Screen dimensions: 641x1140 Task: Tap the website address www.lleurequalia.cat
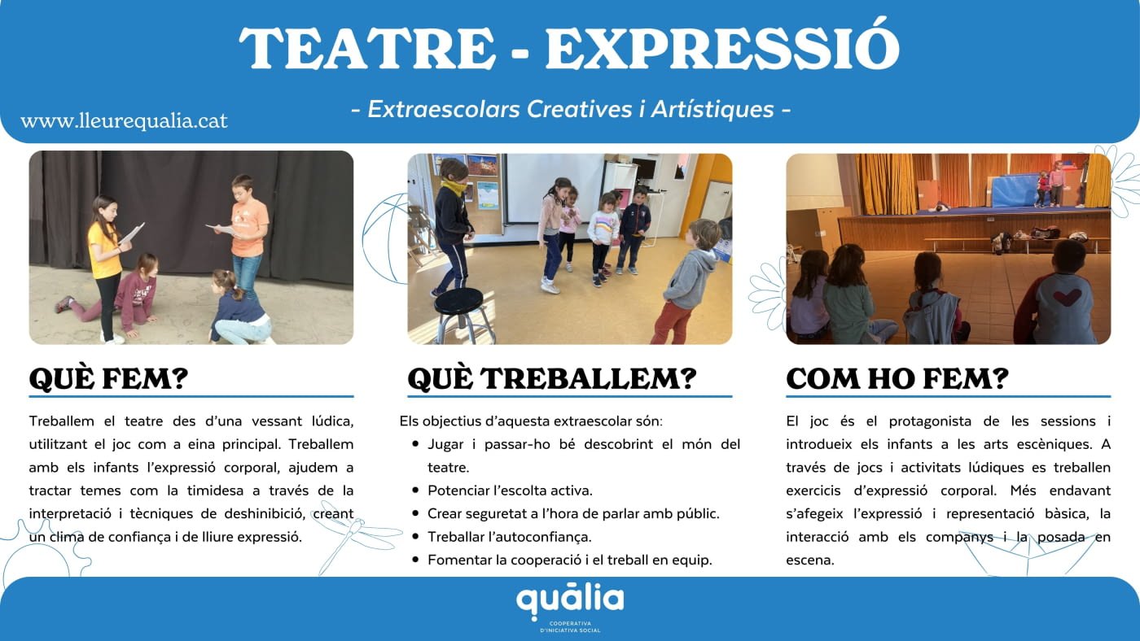[x=124, y=121]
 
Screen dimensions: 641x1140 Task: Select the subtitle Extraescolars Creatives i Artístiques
[x=570, y=108]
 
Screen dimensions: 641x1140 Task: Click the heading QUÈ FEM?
[x=108, y=378]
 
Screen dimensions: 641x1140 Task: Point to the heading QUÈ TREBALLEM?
[x=551, y=378]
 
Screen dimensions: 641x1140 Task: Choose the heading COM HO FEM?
[x=897, y=378]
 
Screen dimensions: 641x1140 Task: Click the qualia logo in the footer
[x=570, y=602]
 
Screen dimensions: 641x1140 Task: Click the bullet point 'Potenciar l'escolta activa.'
[x=510, y=491]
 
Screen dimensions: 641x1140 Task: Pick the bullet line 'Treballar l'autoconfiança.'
[x=509, y=537]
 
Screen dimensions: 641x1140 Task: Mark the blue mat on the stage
[x=1013, y=192]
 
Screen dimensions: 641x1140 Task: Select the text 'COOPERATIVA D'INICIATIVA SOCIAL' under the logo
[x=570, y=627]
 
